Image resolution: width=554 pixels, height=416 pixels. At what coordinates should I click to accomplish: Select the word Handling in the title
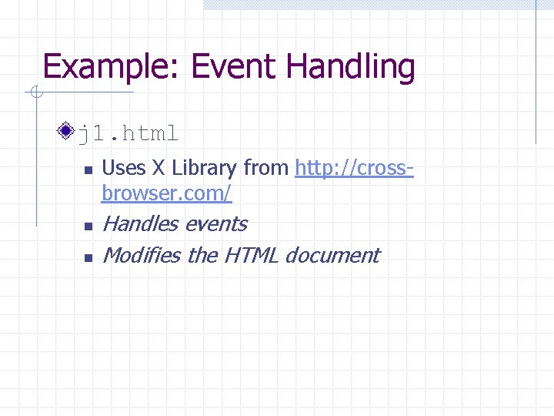[351, 68]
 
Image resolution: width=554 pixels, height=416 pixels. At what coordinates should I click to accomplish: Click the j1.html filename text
[128, 134]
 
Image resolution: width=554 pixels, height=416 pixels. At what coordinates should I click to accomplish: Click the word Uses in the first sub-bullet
[123, 167]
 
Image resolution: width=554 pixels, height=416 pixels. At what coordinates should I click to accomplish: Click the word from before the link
[267, 167]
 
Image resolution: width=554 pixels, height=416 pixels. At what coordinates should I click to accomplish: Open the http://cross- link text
[354, 167]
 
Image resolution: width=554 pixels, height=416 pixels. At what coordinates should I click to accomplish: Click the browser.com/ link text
[166, 193]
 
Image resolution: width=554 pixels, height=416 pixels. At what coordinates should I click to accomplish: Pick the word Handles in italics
[141, 224]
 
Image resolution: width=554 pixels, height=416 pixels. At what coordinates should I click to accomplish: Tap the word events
[216, 224]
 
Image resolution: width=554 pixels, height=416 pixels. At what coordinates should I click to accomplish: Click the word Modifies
[141, 255]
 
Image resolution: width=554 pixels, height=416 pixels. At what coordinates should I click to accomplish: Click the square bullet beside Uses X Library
[87, 169]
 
